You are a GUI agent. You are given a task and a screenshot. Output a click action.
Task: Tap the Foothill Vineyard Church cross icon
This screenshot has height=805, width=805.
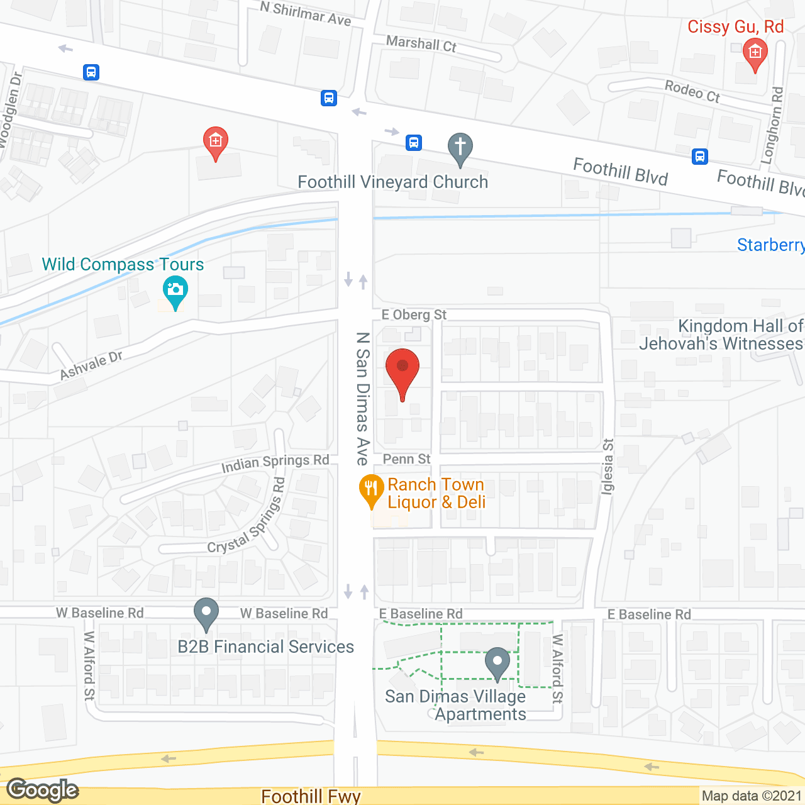[x=460, y=148]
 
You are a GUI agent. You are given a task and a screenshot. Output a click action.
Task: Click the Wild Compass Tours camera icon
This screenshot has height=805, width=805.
[x=175, y=292]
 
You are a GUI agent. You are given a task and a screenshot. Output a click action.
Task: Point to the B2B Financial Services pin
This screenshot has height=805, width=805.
[x=206, y=613]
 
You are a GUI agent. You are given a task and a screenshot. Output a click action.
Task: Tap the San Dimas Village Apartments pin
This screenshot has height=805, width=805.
[x=497, y=662]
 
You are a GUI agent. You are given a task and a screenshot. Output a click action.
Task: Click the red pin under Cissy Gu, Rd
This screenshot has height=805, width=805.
[x=755, y=53]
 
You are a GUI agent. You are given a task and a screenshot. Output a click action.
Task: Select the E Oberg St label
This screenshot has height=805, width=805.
[x=414, y=314]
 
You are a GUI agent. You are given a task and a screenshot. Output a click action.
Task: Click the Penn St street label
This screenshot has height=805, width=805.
[x=406, y=459]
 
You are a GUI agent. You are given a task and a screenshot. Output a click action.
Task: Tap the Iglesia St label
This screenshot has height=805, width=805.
[x=608, y=466]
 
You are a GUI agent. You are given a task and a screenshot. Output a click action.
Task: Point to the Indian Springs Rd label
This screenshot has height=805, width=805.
[x=275, y=464]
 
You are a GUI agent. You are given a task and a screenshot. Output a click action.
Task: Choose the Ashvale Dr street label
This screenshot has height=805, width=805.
[x=91, y=365]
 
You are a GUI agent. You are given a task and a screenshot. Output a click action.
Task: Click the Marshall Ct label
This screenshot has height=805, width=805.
[x=421, y=44]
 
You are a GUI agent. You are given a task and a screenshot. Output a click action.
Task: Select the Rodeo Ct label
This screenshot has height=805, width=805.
[x=692, y=91]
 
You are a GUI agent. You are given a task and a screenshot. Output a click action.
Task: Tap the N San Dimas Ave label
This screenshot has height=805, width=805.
[x=362, y=399]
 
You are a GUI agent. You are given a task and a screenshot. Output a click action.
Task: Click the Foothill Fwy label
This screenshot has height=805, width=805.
[x=311, y=796]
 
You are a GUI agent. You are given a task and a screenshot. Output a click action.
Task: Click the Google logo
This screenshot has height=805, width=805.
[x=43, y=790]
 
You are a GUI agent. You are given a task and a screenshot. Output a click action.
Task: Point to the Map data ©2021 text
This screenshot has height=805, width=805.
[x=752, y=796]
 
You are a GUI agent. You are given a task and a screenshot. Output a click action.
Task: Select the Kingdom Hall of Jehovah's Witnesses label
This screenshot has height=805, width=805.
[x=721, y=335]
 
